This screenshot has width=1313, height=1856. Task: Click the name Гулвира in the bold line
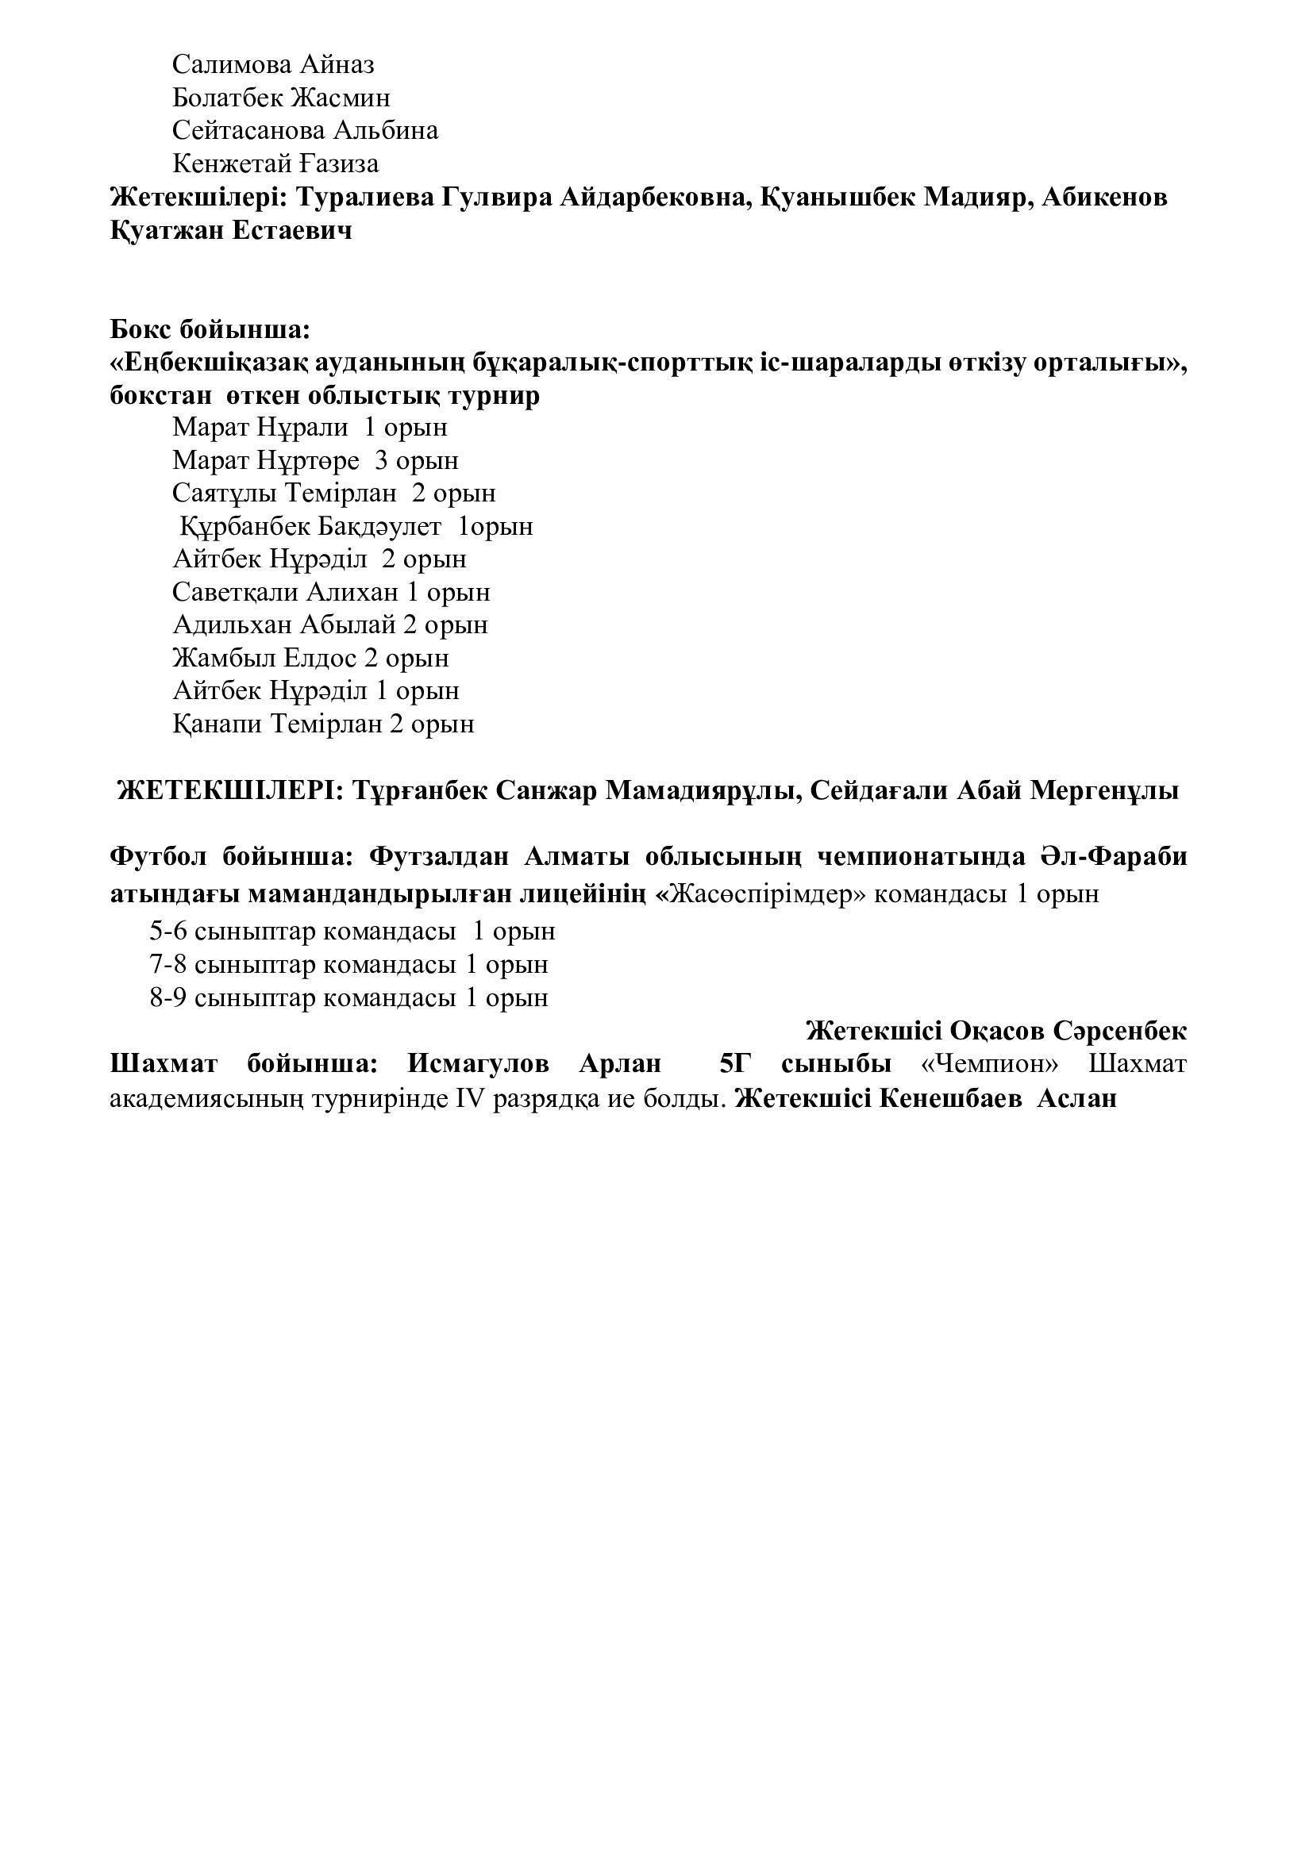497,198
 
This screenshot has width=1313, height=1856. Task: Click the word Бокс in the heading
141,331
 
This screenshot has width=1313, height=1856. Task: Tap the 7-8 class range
168,964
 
